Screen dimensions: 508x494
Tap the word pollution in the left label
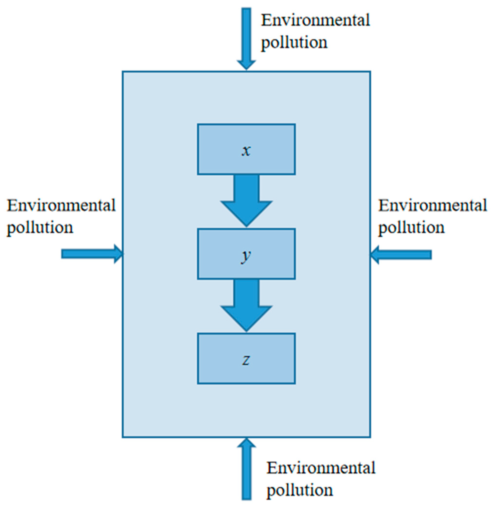tap(40, 227)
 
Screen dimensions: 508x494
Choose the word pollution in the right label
tap(411, 227)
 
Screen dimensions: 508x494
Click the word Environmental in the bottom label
tap(321, 468)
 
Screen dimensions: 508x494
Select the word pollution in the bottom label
tap(300, 490)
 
